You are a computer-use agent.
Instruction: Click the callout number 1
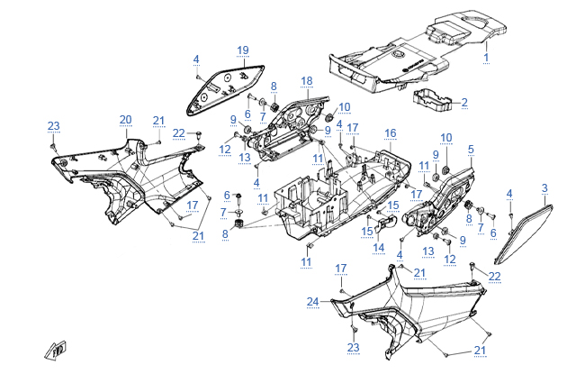pyautogui.click(x=487, y=57)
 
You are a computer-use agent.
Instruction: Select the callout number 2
pyautogui.click(x=464, y=102)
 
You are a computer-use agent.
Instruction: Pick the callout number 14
pyautogui.click(x=379, y=247)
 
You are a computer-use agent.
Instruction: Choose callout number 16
pyautogui.click(x=390, y=132)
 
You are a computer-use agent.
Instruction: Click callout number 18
pyautogui.click(x=306, y=81)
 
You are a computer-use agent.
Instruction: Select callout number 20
pyautogui.click(x=125, y=119)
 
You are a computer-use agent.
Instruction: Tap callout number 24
pyautogui.click(x=311, y=301)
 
